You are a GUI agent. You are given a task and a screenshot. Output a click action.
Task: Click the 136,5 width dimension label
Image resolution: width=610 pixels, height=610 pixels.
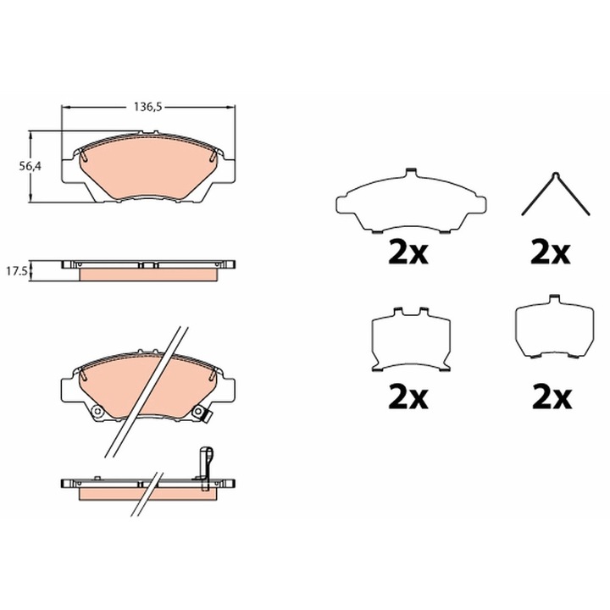pyautogui.click(x=147, y=107)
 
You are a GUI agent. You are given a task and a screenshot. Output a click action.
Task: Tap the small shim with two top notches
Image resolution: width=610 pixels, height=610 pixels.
pyautogui.click(x=410, y=339)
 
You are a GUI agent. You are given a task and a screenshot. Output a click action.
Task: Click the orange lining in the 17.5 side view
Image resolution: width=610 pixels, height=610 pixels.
pyautogui.click(x=149, y=274)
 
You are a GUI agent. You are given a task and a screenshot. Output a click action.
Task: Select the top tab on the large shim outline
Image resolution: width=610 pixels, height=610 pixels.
pyautogui.click(x=410, y=173)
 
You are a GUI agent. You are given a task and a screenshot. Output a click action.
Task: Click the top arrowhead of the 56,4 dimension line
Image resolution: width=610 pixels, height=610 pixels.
pyautogui.click(x=32, y=135)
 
